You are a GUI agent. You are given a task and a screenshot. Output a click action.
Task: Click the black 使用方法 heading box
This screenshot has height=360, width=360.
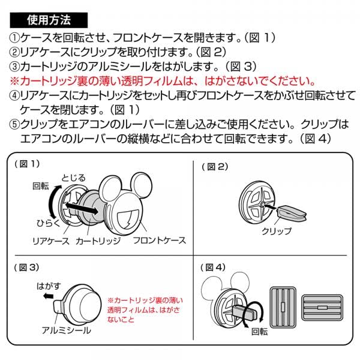[49, 20]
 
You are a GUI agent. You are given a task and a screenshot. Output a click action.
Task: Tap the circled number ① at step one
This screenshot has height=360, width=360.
[14, 38]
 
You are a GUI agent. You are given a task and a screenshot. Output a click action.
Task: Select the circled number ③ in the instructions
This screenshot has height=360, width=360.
[14, 67]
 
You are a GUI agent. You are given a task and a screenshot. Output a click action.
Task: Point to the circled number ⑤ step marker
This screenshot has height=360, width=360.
[14, 124]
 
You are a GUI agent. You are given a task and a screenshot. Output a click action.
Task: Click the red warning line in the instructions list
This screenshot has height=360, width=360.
[163, 81]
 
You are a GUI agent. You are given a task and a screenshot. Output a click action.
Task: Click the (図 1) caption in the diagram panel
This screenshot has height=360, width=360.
[27, 164]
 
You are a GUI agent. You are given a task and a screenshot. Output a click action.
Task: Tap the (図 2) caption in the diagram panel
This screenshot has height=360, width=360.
[215, 167]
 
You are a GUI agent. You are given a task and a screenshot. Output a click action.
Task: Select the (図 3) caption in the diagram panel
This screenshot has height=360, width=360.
[26, 268]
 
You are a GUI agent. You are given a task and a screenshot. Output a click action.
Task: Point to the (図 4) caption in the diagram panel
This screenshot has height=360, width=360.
[213, 268]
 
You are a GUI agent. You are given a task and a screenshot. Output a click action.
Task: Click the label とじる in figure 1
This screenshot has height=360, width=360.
[73, 178]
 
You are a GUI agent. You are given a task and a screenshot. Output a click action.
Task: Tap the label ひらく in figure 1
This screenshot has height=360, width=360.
[48, 223]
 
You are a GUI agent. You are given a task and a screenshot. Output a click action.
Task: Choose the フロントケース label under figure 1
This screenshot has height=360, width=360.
[160, 241]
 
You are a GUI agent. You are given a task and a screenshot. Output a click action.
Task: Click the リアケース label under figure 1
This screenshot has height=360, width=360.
[51, 241]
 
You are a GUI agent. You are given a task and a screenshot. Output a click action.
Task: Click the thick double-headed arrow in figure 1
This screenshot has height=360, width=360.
[81, 208]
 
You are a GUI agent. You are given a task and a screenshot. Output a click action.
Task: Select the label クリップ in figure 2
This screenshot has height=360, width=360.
[277, 231]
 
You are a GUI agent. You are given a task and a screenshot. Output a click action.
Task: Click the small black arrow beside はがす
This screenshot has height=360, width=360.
[49, 296]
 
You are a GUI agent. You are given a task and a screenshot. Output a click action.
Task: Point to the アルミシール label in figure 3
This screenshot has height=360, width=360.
[67, 331]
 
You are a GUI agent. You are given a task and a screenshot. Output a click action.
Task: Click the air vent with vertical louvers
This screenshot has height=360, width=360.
[283, 307]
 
